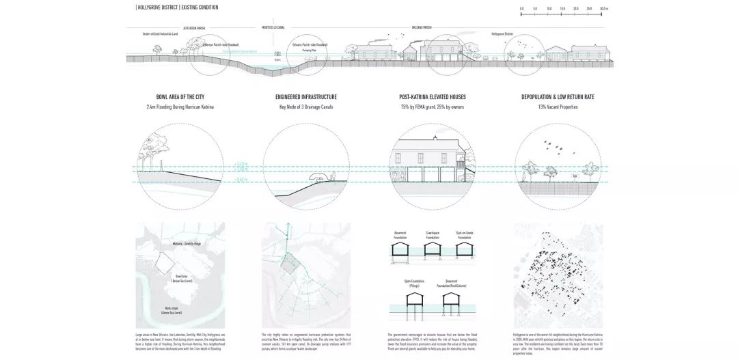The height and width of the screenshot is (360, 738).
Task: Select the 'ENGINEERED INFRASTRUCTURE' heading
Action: pos(305,97)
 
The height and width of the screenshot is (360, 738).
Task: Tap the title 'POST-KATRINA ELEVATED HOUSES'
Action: pos(433,97)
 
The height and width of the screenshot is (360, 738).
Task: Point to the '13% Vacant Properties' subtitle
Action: pos(558,107)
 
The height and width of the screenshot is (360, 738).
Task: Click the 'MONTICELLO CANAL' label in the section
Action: pos(273,27)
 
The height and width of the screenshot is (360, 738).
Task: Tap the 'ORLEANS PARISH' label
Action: pos(422,28)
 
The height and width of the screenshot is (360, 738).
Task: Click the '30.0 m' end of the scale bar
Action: pos(603,9)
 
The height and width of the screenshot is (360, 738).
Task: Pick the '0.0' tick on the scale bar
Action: pos(522,9)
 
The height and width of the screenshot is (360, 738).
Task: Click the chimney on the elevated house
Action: pos(435,138)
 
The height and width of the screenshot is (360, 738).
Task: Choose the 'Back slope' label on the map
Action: pos(170,309)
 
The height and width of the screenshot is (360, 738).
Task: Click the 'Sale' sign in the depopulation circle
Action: pos(575,176)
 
